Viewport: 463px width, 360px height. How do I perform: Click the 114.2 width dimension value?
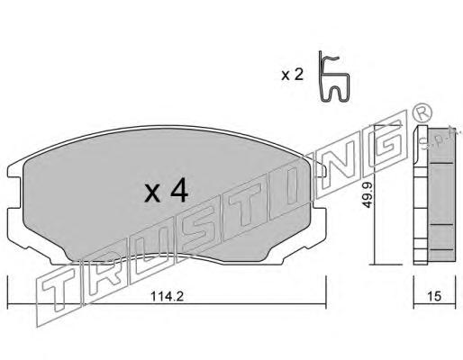point(167,296)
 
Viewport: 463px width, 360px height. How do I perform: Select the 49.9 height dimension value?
point(367,195)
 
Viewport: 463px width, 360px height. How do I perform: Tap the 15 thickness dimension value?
point(434,296)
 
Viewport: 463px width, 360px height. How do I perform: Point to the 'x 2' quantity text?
point(292,75)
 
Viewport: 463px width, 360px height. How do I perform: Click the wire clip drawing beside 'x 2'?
point(334,76)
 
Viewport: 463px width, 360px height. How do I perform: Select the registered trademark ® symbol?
point(422,112)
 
